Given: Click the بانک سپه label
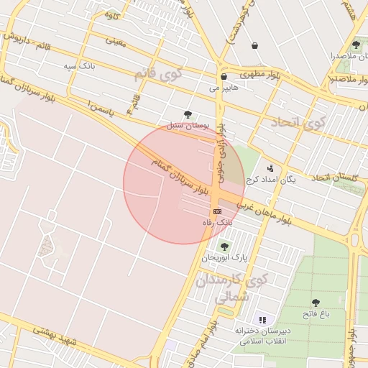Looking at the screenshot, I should click(78, 66).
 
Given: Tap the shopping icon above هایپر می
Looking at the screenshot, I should click(224, 76).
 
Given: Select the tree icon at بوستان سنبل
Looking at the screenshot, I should click(188, 114).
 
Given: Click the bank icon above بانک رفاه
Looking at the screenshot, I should click(216, 211).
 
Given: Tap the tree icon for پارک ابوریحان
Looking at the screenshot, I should click(225, 246).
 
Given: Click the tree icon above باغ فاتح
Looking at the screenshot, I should click(316, 302).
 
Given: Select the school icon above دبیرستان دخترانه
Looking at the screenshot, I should click(262, 319).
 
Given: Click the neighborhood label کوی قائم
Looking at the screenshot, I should click(158, 73).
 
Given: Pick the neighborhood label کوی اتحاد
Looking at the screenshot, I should click(298, 124).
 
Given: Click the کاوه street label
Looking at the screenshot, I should click(111, 14).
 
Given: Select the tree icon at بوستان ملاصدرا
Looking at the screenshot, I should click(356, 45).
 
